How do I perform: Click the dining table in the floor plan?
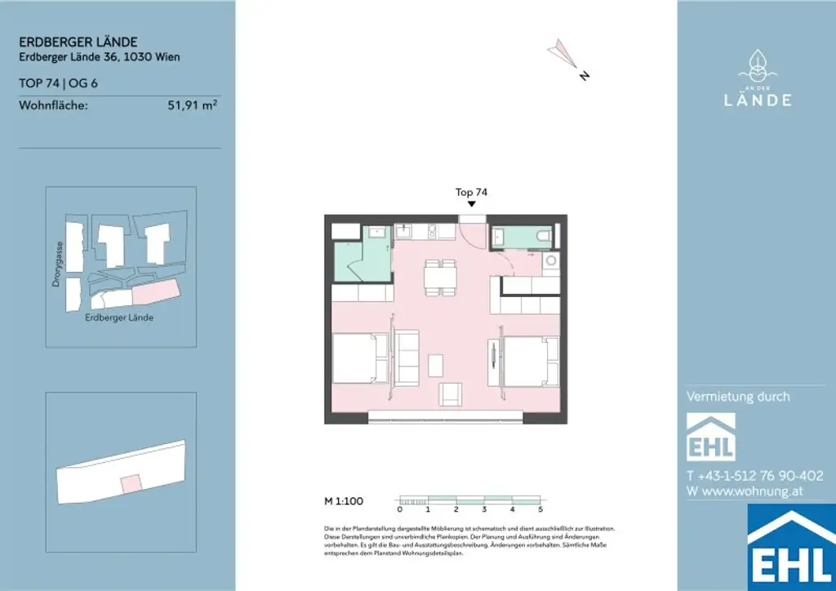441,277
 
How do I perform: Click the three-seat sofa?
406,357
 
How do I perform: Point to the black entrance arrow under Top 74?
471,204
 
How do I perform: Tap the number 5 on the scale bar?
540,509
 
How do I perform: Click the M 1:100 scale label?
344,500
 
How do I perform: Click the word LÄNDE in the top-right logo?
758,100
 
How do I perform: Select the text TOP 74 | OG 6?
58,83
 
